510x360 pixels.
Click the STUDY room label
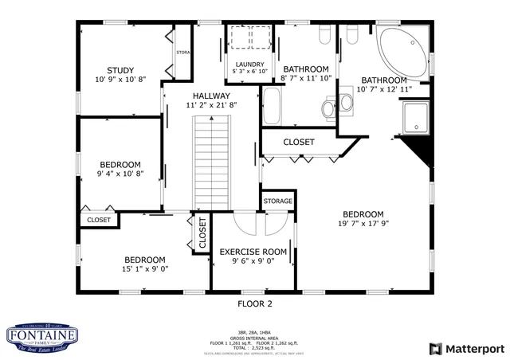[120, 70]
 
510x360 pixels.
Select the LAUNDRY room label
[249, 64]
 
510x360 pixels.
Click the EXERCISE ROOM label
[253, 252]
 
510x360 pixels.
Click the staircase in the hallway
[213, 160]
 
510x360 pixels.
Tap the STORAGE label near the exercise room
[278, 201]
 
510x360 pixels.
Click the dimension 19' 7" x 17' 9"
[363, 224]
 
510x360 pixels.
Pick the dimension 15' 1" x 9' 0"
[144, 269]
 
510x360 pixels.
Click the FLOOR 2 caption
[255, 303]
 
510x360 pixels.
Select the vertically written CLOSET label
[202, 233]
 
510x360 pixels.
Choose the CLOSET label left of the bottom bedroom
[98, 220]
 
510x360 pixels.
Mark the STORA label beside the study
[182, 54]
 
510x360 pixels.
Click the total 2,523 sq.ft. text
[255, 349]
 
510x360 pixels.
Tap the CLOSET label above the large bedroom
[299, 142]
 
